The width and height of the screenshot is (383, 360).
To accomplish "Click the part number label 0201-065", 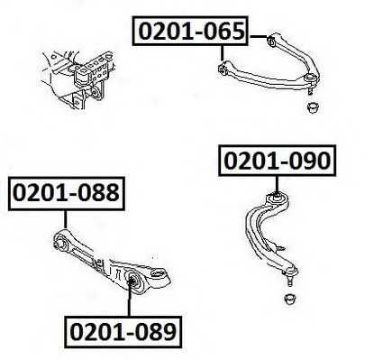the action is [x=190, y=31].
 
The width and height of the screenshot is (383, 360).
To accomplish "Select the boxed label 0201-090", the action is [x=277, y=161].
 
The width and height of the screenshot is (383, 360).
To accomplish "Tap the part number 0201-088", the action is [x=67, y=193].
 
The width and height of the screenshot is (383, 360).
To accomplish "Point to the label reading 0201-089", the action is [x=123, y=332].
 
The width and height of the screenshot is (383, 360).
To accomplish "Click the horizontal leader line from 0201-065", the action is [x=259, y=37].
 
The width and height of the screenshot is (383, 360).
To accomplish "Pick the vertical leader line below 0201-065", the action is [x=223, y=53].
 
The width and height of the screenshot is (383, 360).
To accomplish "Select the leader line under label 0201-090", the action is [x=277, y=184].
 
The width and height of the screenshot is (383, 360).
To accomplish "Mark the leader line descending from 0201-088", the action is [x=65, y=219].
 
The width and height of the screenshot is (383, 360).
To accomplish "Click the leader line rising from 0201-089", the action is [x=129, y=299].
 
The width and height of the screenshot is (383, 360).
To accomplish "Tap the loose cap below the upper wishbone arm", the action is [x=314, y=107].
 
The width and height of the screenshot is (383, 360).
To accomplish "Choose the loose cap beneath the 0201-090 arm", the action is [x=290, y=299].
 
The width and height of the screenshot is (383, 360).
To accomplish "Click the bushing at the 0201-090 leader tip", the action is [x=277, y=198].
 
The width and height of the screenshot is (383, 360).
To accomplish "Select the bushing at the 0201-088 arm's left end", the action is [x=59, y=242].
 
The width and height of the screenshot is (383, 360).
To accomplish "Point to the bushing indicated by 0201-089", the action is [x=132, y=280].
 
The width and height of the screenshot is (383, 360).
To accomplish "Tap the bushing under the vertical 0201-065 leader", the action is [x=223, y=69].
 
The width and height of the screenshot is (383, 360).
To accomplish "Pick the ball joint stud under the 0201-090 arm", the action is [x=289, y=279].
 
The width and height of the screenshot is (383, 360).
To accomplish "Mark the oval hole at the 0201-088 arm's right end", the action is [x=158, y=273].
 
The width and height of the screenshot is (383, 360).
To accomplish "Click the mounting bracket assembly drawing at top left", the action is [x=78, y=78].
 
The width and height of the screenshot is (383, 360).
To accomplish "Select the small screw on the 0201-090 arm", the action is [x=279, y=248].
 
